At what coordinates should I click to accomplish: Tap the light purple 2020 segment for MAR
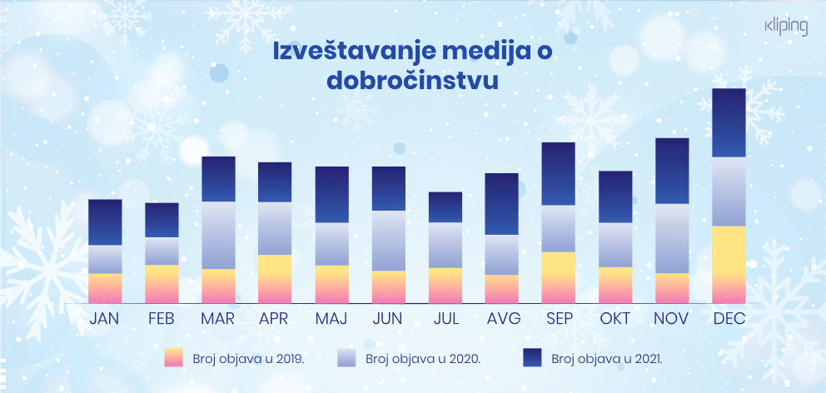218,236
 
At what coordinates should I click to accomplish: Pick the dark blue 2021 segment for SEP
558,174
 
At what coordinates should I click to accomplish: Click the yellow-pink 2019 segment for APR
275,279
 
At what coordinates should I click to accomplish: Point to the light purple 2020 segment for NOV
672,239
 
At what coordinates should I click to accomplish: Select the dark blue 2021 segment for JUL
445,207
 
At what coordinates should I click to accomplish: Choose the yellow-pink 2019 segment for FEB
162,284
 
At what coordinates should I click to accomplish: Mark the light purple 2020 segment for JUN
388,241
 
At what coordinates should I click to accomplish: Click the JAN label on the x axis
105,319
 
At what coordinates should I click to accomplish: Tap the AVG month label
501,319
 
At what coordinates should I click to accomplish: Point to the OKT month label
615,319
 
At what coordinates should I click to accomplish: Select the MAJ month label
331,319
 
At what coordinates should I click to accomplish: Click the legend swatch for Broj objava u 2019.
174,358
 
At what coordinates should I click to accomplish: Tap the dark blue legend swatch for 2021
532,358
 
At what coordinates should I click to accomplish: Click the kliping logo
785,27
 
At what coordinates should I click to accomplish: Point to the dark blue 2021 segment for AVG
501,204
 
